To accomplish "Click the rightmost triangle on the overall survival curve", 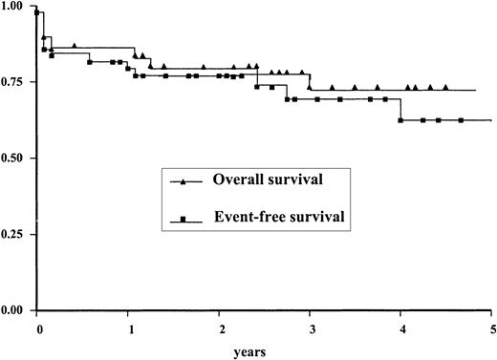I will (445, 87).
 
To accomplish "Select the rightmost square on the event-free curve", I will (461, 120).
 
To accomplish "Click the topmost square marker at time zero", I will (37, 13).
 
